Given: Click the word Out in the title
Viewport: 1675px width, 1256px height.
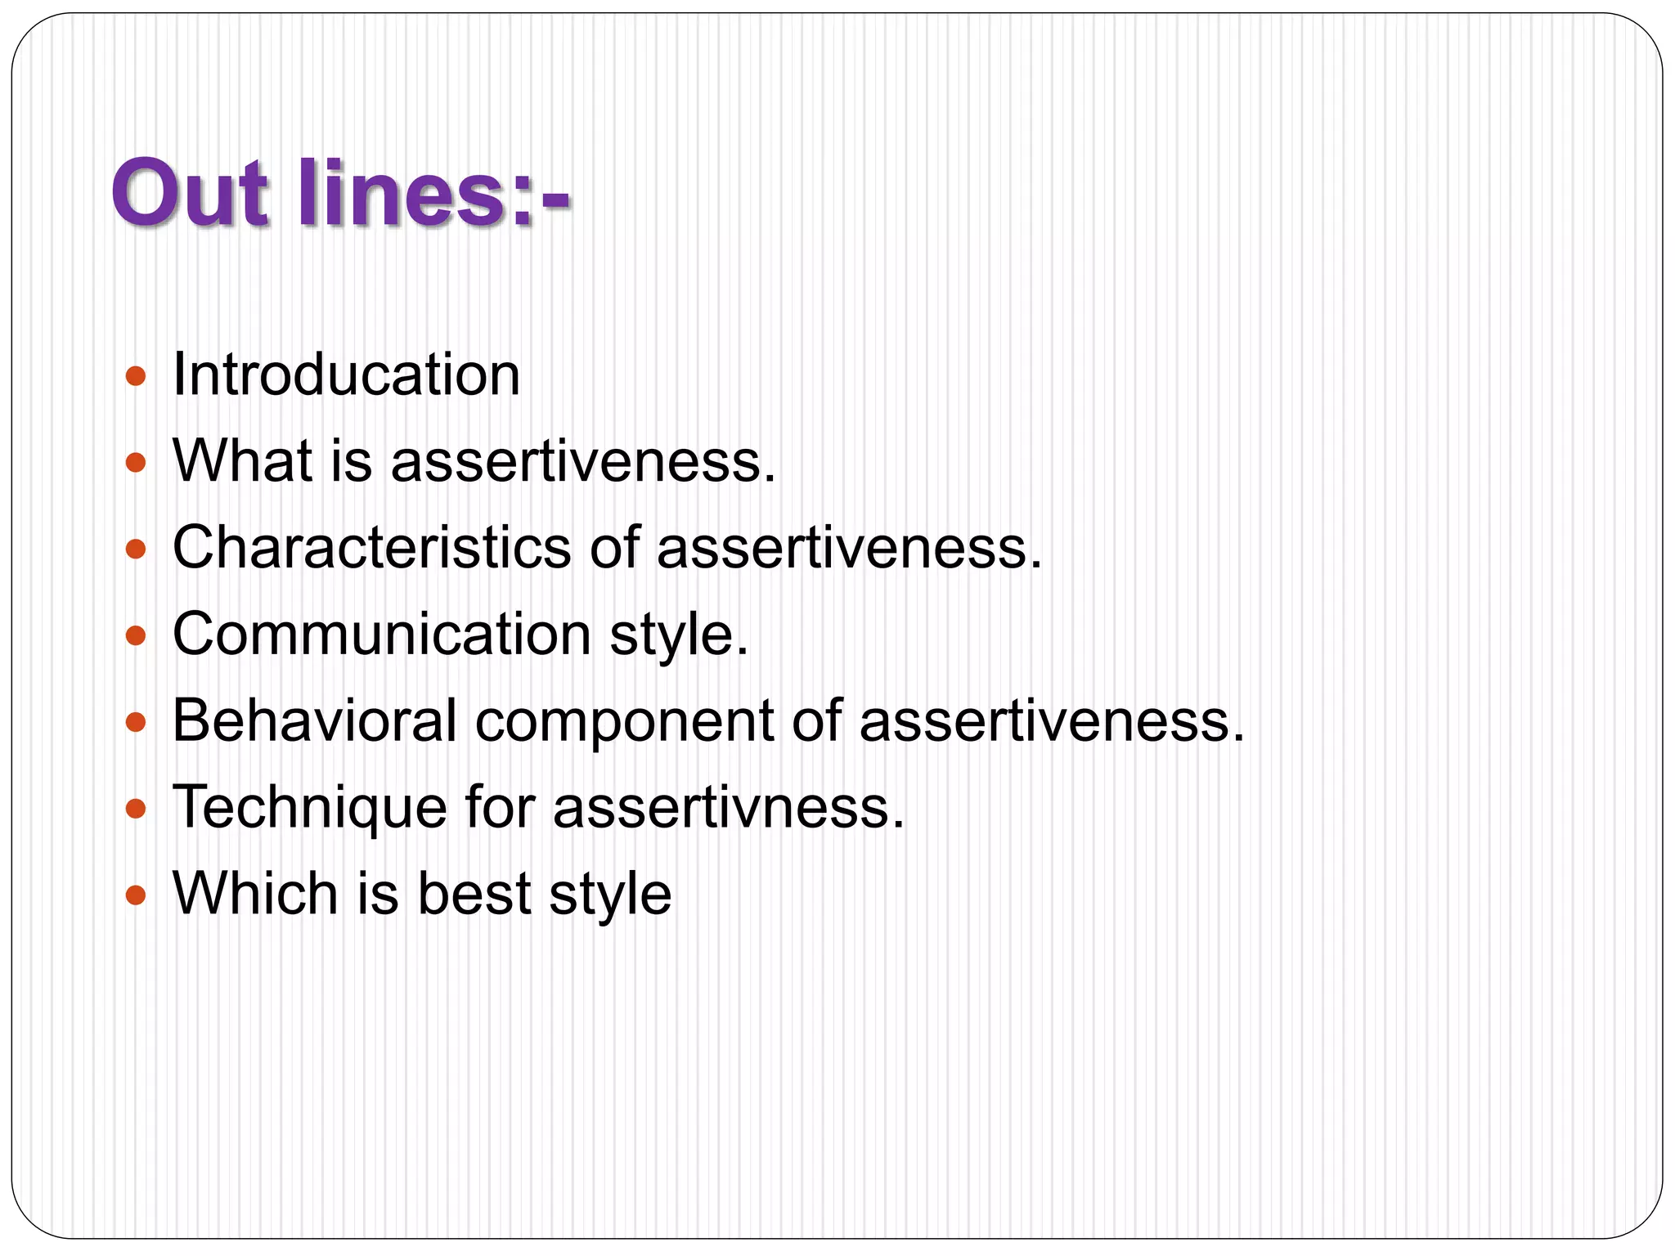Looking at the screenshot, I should point(190,194).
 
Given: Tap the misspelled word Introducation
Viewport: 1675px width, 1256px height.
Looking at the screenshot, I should point(346,375).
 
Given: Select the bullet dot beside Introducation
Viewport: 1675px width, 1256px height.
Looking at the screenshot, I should point(136,377).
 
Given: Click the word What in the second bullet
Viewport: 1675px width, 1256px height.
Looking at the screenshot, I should point(243,461).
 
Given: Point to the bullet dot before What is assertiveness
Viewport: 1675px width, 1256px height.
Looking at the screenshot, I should point(136,464).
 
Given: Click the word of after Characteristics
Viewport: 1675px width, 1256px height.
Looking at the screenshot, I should point(613,547).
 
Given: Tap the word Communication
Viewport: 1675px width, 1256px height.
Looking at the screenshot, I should point(382,634).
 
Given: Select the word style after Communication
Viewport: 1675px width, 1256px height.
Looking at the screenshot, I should point(678,636).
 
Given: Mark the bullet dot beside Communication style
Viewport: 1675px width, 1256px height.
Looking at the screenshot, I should point(136,636).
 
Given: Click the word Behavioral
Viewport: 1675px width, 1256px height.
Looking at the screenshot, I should point(315,720).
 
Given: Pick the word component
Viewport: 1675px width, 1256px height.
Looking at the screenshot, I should point(624,723).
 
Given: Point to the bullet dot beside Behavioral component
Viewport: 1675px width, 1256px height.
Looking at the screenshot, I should point(136,723).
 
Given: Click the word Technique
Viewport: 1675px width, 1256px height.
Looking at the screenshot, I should point(310,808).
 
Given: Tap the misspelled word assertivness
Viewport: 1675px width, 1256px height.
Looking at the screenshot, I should point(728,807).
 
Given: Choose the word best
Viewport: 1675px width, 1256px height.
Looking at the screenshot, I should point(474,893).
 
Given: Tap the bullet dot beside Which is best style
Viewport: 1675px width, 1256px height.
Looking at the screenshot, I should point(136,895).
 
